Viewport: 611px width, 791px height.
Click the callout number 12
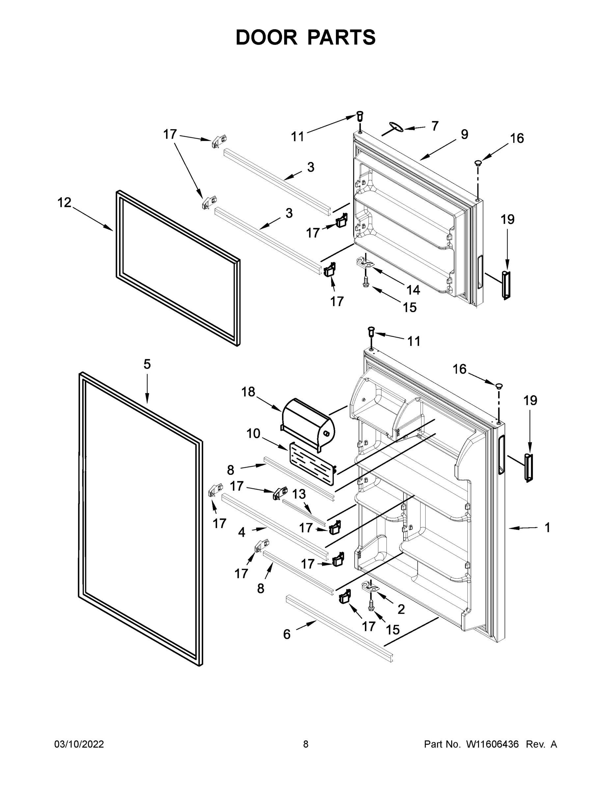coord(65,202)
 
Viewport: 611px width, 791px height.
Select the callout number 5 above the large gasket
coord(147,364)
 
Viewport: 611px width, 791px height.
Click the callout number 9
coord(464,134)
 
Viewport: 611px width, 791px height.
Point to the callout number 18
coord(248,392)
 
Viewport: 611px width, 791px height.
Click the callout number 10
coord(253,433)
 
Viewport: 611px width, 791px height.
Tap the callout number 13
coord(299,494)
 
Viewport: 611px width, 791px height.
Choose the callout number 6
coord(287,634)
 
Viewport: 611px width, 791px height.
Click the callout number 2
coord(401,609)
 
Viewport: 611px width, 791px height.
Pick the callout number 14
coord(413,290)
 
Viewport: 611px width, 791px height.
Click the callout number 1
coord(547,528)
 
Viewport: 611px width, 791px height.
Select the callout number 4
coord(242,532)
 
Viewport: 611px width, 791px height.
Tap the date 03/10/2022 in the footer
coord(79,744)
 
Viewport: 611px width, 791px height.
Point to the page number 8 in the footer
coord(306,744)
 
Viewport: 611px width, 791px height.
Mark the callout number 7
coord(435,126)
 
